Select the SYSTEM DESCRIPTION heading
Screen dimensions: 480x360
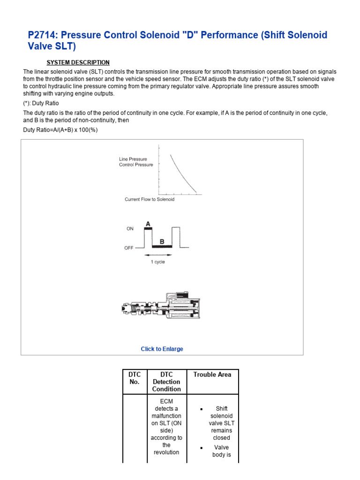(78, 62)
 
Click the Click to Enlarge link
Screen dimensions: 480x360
(162, 349)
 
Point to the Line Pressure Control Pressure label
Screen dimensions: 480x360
(135, 162)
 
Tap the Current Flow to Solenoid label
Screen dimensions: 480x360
(149, 199)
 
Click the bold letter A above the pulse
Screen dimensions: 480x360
(148, 224)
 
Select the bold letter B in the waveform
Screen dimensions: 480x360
(162, 242)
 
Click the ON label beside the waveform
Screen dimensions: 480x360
(130, 229)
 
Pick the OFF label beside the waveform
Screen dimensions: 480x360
(129, 248)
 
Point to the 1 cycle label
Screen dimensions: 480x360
(157, 262)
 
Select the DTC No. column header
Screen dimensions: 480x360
(134, 378)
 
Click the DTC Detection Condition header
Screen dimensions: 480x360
(166, 382)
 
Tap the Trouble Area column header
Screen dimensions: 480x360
(212, 375)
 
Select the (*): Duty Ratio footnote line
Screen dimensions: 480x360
(41, 103)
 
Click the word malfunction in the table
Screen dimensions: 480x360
(166, 416)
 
